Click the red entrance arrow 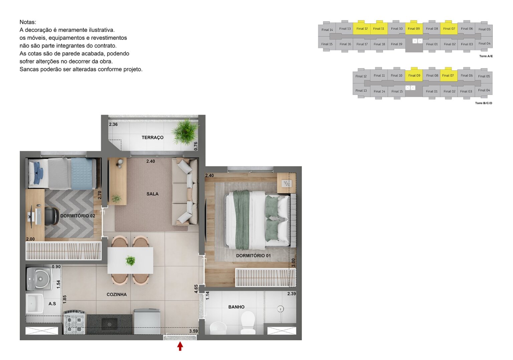click(180, 346)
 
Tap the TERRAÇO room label click(152, 138)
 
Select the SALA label click(152, 194)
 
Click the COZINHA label click(117, 295)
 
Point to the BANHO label click(236, 307)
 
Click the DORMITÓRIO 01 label click(253, 256)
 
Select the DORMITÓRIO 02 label click(77, 216)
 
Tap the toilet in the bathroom click(248, 322)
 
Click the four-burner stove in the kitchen click(74, 322)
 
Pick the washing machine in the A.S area click(39, 278)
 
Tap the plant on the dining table click(130, 260)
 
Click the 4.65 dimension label click(196, 289)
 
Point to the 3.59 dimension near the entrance click(193, 331)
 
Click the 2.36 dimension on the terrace click(113, 125)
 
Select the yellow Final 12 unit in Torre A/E click(362, 29)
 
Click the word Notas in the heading click(28, 22)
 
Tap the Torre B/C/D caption click(483, 103)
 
